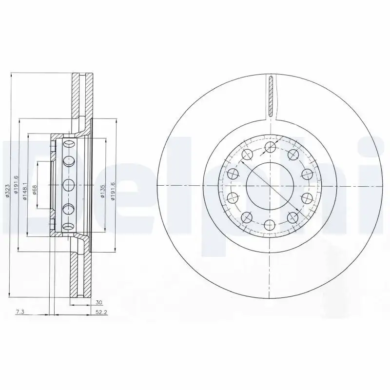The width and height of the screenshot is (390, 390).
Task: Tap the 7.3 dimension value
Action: [20, 312]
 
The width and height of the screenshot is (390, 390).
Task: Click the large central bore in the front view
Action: [269, 186]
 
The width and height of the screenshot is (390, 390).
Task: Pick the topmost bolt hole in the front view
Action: [269, 148]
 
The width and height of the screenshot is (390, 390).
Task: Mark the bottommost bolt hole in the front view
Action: [269, 224]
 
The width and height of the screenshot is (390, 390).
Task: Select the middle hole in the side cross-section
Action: [67, 184]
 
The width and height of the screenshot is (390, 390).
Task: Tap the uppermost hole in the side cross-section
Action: [67, 144]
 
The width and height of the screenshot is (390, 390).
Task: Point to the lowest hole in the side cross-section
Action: [67, 224]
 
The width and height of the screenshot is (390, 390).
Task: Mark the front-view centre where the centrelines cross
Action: [269, 186]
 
